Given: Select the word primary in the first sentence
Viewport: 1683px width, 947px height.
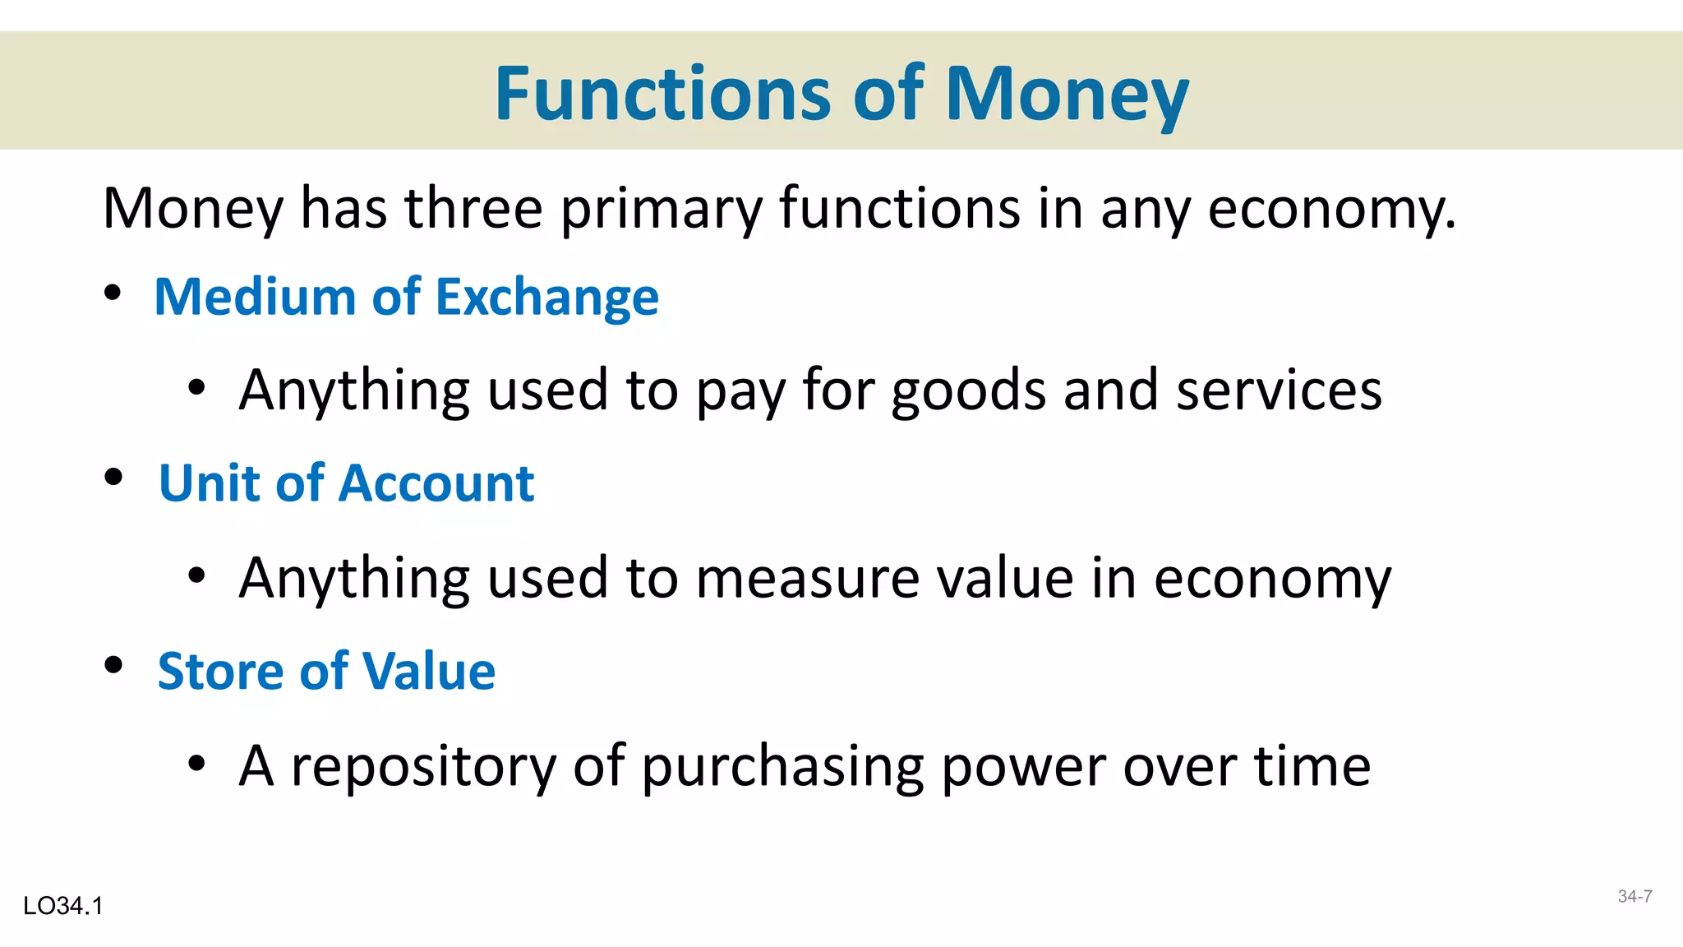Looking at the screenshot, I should click(x=661, y=210).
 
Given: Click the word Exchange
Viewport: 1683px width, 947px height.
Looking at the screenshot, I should click(x=547, y=297).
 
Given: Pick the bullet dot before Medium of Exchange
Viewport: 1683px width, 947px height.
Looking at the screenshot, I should click(x=113, y=293).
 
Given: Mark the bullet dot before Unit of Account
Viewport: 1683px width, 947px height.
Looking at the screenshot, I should click(x=113, y=477).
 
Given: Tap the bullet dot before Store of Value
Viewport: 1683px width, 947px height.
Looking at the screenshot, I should click(x=113, y=664).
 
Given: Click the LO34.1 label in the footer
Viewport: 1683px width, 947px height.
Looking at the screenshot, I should click(x=63, y=906).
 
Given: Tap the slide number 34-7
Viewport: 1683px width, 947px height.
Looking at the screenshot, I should click(x=1635, y=897).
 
